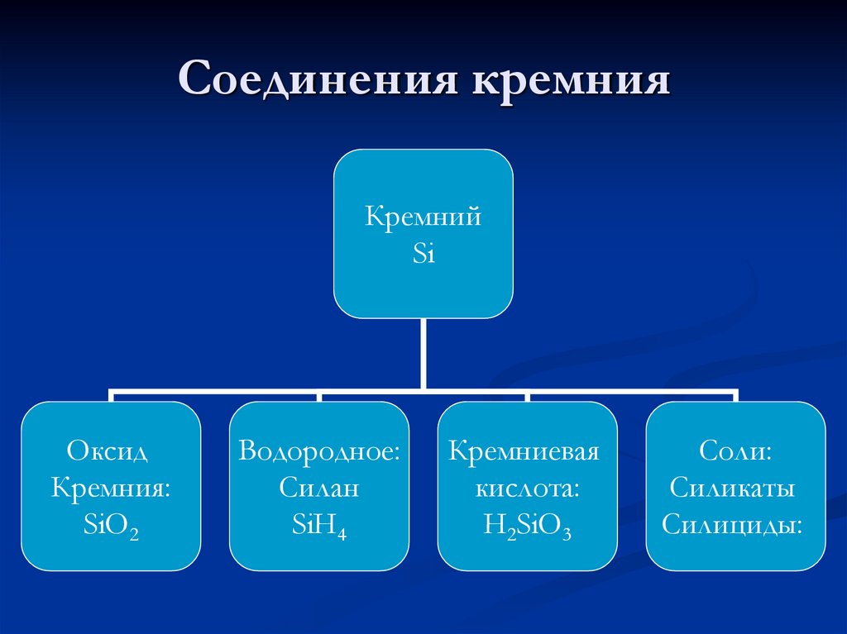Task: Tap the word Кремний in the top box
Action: [x=423, y=218]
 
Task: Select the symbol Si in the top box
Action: [x=423, y=254]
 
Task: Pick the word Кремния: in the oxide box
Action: [x=111, y=488]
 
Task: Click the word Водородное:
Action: [x=319, y=451]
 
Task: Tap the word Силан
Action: [x=319, y=488]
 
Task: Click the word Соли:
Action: [x=735, y=451]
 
